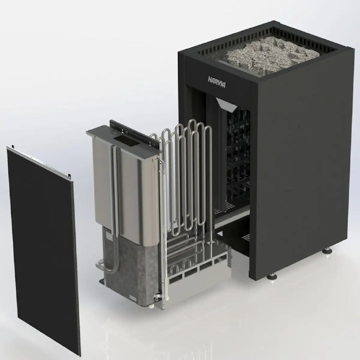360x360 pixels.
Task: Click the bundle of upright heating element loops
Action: click(x=184, y=180)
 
